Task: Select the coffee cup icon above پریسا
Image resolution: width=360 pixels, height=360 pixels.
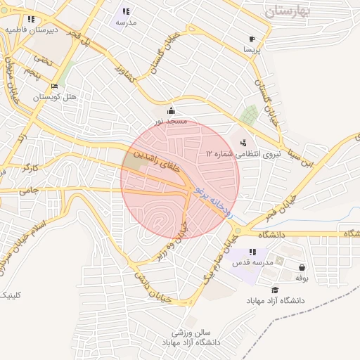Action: [252, 39]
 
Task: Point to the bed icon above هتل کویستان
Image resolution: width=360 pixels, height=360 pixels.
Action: [54, 86]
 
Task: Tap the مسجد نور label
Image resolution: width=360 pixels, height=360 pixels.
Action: [171, 122]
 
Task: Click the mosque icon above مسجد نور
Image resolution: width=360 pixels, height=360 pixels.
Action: [171, 111]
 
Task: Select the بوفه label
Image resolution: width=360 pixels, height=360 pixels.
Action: [302, 278]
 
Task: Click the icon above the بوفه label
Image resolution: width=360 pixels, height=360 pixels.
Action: [302, 268]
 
